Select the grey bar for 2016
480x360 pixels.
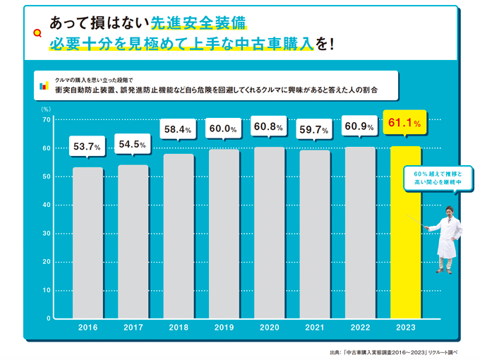tap(88, 243)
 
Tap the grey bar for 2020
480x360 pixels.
tap(270, 233)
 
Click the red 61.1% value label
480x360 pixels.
tap(405, 124)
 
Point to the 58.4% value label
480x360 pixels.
tap(179, 129)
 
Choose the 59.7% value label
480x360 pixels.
tap(315, 129)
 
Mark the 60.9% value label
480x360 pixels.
tap(360, 127)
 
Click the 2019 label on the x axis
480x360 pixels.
tap(224, 328)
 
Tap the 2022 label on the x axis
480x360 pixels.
tap(360, 328)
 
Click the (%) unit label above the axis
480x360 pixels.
tap(46, 109)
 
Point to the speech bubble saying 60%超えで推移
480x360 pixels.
tap(437, 178)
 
